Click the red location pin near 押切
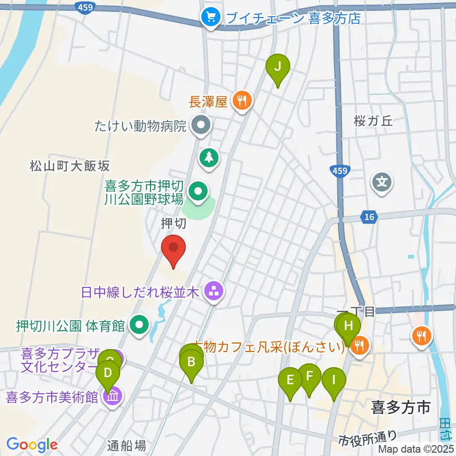pyautogui.click(x=173, y=248)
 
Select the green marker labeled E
pyautogui.click(x=290, y=380)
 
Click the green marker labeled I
pyautogui.click(x=334, y=380)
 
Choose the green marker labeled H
pyautogui.click(x=349, y=327)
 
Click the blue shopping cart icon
pyautogui.click(x=209, y=18)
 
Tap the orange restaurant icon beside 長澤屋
pyautogui.click(x=242, y=100)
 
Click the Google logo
pyautogui.click(x=32, y=445)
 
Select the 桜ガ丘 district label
pyautogui.click(x=373, y=121)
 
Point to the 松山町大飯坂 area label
pyautogui.click(x=70, y=166)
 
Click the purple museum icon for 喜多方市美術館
pyautogui.click(x=113, y=395)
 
